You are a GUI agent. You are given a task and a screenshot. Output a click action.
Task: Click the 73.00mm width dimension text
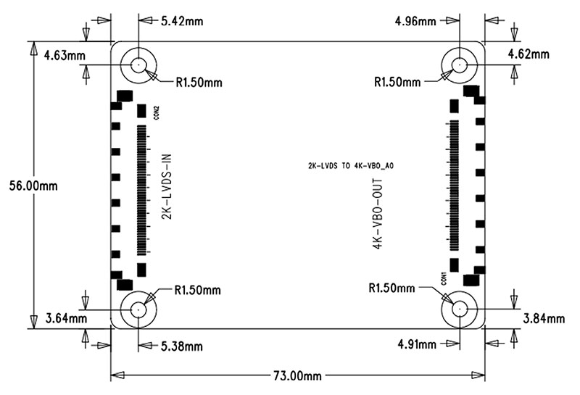297,376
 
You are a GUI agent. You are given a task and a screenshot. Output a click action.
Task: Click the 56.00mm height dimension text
33,186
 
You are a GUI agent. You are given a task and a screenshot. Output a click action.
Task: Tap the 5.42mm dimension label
182,21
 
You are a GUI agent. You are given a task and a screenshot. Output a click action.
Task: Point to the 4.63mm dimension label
65,56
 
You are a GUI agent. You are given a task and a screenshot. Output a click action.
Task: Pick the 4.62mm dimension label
529,54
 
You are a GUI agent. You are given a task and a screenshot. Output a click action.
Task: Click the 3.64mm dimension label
66,318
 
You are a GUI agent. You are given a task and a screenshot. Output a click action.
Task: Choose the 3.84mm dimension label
544,318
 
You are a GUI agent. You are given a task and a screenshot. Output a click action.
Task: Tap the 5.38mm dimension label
182,346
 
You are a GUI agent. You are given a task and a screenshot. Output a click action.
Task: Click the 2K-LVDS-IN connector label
167,187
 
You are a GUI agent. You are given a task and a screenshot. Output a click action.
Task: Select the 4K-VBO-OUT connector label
378,215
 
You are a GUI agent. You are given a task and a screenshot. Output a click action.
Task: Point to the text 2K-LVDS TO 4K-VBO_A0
351,166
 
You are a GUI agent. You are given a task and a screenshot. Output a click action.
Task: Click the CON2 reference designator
156,112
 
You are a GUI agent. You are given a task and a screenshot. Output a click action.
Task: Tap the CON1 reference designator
444,278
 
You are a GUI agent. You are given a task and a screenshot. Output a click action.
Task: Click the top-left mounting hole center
138,65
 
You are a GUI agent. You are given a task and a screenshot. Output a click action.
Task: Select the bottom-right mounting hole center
459,309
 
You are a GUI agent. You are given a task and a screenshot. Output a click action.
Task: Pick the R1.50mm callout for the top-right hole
397,82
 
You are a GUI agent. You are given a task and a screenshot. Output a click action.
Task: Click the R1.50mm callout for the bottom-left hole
197,290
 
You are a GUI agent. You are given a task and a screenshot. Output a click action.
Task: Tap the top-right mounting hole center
459,65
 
